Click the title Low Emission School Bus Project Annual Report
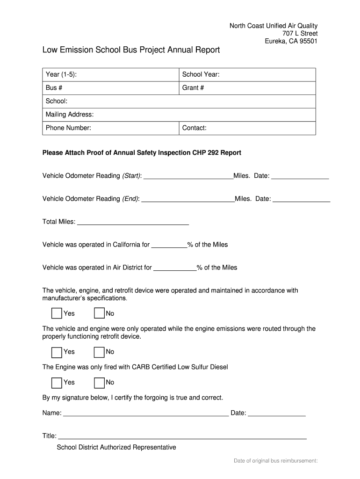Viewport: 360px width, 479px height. [131, 50]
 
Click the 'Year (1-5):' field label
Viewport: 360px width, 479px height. [61, 74]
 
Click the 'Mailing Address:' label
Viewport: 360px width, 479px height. [70, 115]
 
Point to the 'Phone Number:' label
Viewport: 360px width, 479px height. [68, 128]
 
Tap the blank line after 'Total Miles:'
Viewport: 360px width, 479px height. [133, 223]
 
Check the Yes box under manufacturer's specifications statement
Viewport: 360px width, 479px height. [57, 313]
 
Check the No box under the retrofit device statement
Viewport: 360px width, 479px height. [99, 352]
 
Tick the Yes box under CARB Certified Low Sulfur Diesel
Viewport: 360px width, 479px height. [57, 383]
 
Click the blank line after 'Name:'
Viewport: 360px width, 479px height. [146, 414]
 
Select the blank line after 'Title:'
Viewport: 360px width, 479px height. [182, 437]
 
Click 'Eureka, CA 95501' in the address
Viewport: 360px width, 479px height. [291, 41]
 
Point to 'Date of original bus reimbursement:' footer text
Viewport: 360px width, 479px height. [276, 461]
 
